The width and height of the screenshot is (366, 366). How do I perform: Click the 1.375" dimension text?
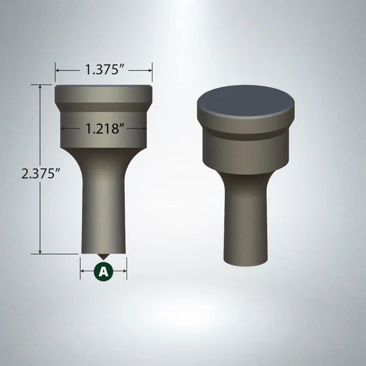tap(104, 69)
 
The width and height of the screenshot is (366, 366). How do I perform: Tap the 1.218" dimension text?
tap(104, 127)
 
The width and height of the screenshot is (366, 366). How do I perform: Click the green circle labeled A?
tap(103, 271)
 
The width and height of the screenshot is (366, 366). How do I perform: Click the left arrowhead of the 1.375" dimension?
tap(58, 69)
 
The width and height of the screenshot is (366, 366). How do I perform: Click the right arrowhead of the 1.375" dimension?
tap(149, 69)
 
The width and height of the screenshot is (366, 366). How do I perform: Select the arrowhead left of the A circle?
tap(83, 271)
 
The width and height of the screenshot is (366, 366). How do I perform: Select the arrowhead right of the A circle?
tap(123, 271)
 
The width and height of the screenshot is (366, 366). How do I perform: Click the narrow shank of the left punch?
tap(103, 203)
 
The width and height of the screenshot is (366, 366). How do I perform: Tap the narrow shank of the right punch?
tap(245, 217)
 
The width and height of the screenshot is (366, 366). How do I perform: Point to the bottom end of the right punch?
tap(245, 261)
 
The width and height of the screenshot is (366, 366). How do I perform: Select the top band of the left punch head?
tap(103, 94)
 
